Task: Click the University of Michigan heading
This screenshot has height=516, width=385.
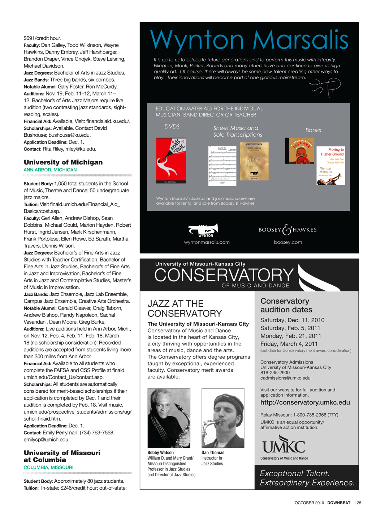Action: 63,162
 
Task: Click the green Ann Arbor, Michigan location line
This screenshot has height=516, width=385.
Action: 50,170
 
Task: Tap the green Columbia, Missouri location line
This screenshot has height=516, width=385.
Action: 48,468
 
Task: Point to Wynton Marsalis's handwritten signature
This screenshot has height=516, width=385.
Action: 325,87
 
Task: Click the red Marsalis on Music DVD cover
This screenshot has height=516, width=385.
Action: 171,160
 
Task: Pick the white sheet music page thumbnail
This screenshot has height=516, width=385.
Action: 222,166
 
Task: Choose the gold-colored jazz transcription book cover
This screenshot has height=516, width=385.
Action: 254,161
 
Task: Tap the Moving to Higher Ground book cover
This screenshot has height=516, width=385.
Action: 330,166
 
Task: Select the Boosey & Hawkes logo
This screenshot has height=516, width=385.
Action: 287,230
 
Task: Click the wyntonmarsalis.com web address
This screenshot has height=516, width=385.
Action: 207,242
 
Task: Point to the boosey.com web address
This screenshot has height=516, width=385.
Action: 288,242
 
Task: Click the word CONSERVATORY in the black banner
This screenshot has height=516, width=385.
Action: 224,275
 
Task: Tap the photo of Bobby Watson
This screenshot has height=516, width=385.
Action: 169,418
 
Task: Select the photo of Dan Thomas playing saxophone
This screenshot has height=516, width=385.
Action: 223,418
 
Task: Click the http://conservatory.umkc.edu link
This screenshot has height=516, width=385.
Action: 305,402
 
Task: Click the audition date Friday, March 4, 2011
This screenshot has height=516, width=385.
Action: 289,344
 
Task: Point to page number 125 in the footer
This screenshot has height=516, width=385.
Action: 358,503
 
